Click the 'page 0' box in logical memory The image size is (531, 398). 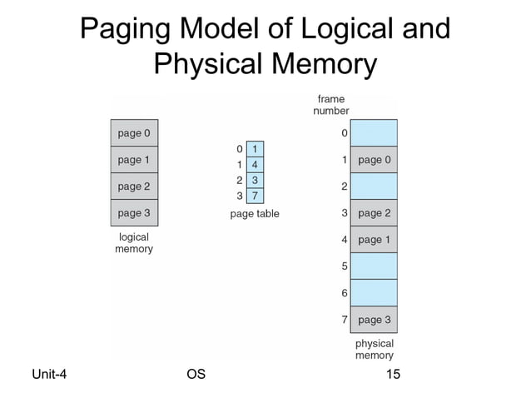(x=134, y=133)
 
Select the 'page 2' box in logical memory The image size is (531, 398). (x=134, y=187)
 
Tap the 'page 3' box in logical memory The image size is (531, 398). (x=134, y=213)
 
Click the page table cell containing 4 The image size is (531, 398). (x=255, y=165)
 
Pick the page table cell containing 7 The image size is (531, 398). (x=255, y=196)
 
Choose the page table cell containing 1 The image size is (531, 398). (x=255, y=150)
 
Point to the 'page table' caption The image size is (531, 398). (x=255, y=214)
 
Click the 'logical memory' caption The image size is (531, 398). (x=134, y=243)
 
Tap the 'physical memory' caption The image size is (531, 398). (x=374, y=350)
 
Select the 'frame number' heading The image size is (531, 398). (x=331, y=105)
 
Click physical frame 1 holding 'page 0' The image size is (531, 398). (x=374, y=160)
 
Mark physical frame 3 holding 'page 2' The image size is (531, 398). (x=374, y=213)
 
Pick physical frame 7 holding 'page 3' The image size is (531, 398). (x=374, y=320)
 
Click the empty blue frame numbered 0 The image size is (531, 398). (x=374, y=133)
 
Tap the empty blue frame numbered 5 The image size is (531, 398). (x=374, y=266)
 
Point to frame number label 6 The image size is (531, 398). (x=344, y=293)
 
